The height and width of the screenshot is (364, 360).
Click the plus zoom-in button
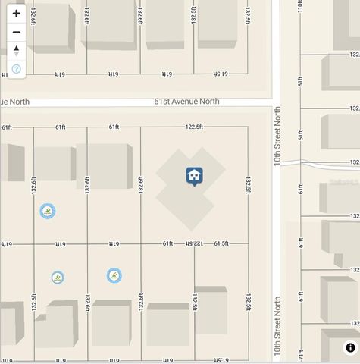pos(16,14)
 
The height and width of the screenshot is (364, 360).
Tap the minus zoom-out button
pos(16,32)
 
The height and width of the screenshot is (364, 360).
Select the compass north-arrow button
pos(16,51)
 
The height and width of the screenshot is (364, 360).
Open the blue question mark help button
pos(16,69)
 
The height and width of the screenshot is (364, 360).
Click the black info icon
pos(350,348)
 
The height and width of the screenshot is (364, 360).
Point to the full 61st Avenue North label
pos(186,102)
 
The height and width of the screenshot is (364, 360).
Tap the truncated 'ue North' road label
pos(14,102)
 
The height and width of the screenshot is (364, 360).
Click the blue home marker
pos(194,176)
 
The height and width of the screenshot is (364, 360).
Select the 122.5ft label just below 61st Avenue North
pos(194,127)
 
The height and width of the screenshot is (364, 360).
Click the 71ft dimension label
pos(301,354)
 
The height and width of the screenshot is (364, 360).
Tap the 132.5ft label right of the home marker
pos(248,185)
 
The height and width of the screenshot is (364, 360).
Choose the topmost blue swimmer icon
pos(47,211)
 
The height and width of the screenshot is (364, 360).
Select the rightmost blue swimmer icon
pos(114,275)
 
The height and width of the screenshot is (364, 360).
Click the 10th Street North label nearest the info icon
pos(277,327)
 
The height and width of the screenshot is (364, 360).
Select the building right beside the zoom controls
pos(52,29)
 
